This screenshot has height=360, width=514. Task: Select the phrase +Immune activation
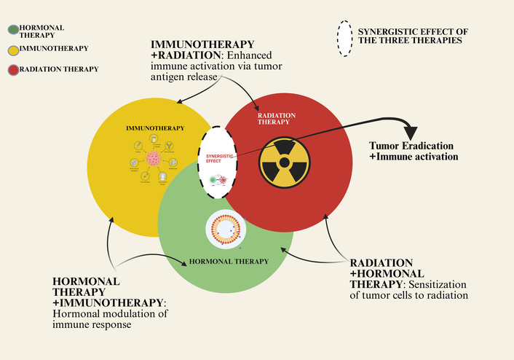coord(413,157)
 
